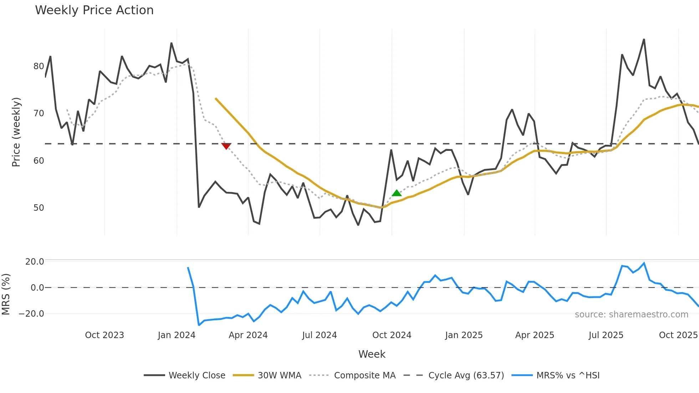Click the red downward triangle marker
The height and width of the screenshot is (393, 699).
[226, 146]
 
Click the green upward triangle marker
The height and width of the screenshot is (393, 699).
[397, 193]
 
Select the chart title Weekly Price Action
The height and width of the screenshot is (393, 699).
[94, 10]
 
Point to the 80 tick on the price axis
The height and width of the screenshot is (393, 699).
[39, 66]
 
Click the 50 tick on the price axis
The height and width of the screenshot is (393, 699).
[39, 208]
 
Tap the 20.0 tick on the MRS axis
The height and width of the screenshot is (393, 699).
[35, 262]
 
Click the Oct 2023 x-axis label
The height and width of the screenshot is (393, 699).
[104, 335]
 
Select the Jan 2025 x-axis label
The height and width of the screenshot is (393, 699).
[464, 335]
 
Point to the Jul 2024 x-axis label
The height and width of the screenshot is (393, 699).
[319, 335]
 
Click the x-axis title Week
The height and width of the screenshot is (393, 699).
[372, 354]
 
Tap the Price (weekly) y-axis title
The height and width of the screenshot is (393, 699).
[16, 132]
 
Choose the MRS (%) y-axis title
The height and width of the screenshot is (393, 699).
[6, 294]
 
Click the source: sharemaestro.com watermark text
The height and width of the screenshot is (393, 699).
[631, 315]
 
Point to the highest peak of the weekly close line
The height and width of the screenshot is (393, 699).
[644, 39]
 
